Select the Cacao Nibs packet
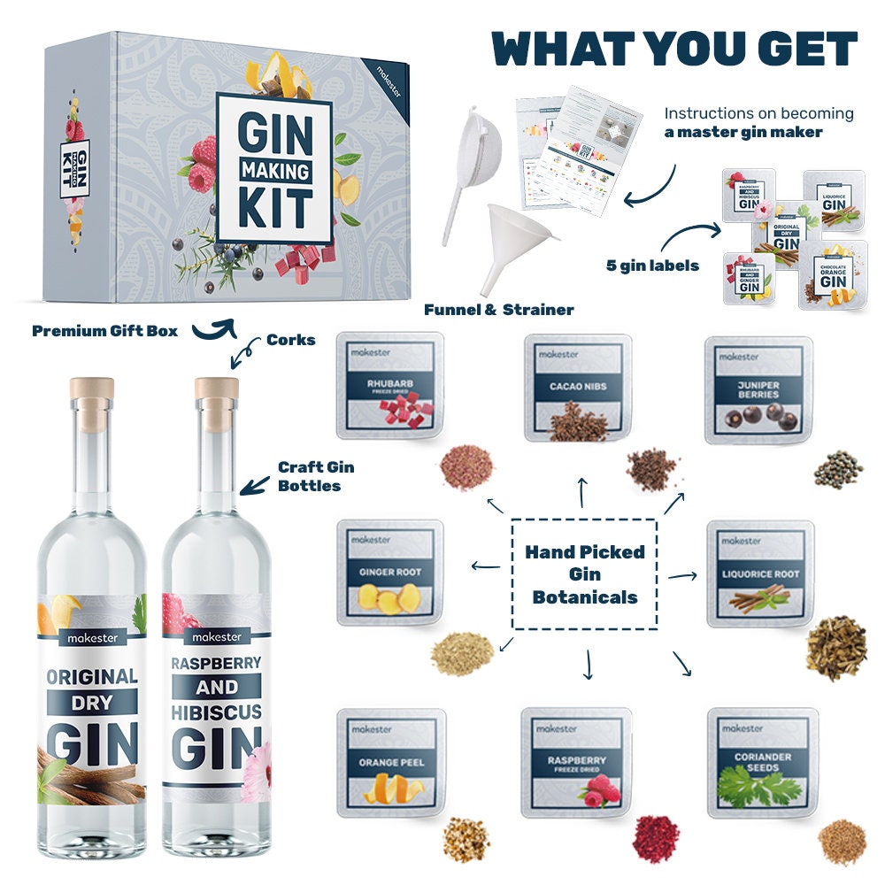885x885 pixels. pos(577,387)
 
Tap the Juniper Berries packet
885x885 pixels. pos(758,389)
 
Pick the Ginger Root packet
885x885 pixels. pos(389,573)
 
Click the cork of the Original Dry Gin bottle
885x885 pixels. pos(92,390)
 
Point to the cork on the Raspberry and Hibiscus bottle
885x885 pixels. pos(217,390)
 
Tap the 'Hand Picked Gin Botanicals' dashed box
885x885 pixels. pos(585,573)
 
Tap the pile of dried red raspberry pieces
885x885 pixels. pos(656,838)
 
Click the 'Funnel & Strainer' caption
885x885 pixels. pos(498,309)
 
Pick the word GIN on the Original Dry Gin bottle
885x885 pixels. pos(92,742)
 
